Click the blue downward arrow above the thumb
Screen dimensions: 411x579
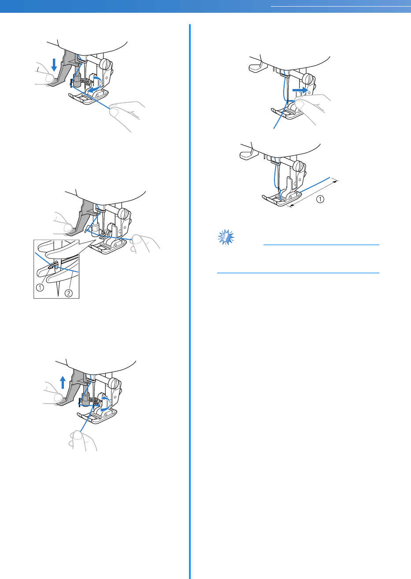[54, 65]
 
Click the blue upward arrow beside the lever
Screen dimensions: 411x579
[63, 382]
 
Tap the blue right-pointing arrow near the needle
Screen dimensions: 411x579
[300, 90]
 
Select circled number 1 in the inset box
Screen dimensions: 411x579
[40, 287]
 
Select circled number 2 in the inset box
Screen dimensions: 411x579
[68, 293]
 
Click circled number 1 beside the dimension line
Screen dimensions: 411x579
[320, 199]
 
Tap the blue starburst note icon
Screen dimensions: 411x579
[226, 237]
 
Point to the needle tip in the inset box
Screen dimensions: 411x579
[59, 296]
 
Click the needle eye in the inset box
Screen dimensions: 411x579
[55, 266]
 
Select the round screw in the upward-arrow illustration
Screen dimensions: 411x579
[114, 382]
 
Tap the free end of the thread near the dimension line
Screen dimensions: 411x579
[330, 178]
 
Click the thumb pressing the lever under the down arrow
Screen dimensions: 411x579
[48, 78]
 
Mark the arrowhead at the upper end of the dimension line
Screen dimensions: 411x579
[336, 182]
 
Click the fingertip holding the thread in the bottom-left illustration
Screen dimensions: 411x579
[78, 435]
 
